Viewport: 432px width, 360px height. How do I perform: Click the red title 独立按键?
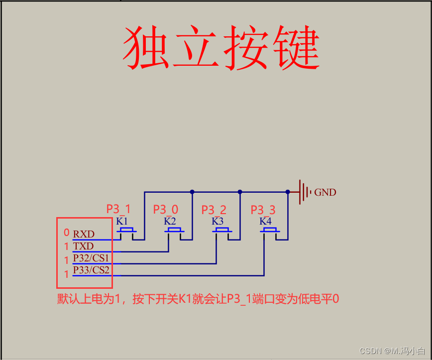tap(221, 48)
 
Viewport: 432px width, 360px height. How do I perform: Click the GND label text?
tap(325, 192)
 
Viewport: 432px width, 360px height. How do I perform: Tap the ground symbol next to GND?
tap(303, 192)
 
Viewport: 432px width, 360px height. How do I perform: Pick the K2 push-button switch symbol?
tap(175, 230)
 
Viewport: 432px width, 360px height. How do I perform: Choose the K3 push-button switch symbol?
tap(222, 230)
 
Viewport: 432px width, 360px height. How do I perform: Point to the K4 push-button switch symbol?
tap(270, 230)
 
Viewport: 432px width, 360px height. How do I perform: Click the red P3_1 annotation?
tap(118, 209)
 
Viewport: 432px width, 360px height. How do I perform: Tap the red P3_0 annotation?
tap(166, 209)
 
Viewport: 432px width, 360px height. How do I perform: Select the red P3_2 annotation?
tap(214, 210)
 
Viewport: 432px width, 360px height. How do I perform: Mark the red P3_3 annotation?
tap(263, 210)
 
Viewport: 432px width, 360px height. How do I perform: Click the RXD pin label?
tap(84, 234)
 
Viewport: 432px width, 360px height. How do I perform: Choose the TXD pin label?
tap(83, 246)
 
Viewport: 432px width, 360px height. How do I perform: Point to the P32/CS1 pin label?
tap(91, 258)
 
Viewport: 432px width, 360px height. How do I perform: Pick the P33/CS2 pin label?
tap(91, 270)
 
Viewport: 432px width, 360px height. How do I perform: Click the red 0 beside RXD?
tap(66, 233)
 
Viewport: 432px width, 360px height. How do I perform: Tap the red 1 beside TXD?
tap(66, 246)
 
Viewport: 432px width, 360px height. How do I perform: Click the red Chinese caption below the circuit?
tap(198, 299)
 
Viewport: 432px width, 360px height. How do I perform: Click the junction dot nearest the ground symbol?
tap(288, 192)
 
